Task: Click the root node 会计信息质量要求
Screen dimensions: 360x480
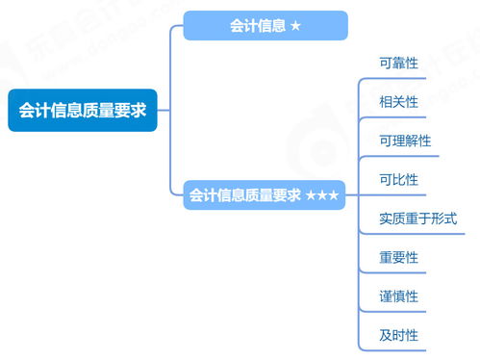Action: coord(82,111)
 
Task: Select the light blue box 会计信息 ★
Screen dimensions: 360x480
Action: coord(265,26)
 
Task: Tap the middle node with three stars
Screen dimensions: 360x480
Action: coord(264,195)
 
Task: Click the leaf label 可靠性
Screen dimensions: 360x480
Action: coord(399,62)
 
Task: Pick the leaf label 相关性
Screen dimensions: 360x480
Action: coord(399,101)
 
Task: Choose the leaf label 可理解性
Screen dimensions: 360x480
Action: coord(405,141)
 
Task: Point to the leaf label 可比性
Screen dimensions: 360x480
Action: coord(399,179)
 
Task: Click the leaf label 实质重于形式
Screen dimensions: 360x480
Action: coord(418,219)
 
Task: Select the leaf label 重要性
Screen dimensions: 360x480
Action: coord(399,258)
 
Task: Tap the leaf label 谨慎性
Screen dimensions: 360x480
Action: coord(399,296)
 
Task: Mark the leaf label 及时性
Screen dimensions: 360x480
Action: coord(399,336)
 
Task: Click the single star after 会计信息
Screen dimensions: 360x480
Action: coord(295,26)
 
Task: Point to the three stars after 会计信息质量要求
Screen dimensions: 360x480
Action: coord(322,195)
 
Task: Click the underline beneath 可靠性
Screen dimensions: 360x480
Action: coord(399,77)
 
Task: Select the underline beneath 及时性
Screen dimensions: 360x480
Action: coord(399,350)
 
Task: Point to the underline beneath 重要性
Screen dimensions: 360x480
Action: coord(399,272)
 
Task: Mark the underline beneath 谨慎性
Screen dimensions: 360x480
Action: coord(399,312)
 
